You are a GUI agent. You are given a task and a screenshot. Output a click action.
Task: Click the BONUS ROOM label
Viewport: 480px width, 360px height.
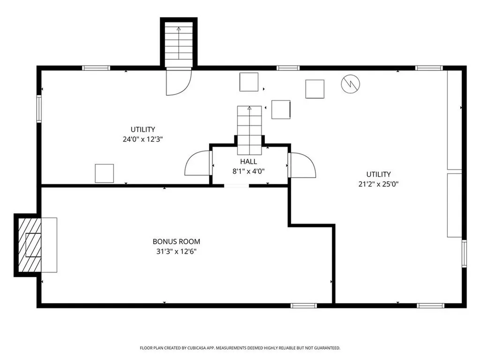point(176,241)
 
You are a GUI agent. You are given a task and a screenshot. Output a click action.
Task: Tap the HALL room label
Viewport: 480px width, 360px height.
point(248,162)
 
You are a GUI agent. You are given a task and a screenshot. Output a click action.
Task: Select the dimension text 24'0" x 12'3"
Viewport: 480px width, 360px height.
point(142,139)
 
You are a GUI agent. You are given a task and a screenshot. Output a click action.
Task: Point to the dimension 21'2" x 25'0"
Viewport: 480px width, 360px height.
point(378,184)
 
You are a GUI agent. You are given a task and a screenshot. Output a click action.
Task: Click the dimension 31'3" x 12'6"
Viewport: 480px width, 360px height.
point(176,252)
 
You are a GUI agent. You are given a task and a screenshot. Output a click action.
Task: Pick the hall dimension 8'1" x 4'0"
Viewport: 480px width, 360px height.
point(248,171)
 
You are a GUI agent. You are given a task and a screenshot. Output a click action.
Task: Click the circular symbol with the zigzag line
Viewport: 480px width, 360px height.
point(351,83)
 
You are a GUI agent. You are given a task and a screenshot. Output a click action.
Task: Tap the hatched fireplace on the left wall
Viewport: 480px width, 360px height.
point(30,245)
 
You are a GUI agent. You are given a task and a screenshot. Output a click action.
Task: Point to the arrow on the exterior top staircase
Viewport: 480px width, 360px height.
point(179,43)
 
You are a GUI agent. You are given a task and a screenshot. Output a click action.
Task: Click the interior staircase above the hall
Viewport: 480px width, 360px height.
point(249,130)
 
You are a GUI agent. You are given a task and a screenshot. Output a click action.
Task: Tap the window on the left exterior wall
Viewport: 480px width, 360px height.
point(39,109)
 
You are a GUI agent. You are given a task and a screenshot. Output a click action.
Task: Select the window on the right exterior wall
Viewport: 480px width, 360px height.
point(464,254)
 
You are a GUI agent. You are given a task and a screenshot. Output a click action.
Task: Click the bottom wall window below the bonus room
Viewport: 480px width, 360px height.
point(303,306)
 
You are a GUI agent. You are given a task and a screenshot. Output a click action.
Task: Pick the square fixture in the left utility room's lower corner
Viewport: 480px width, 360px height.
point(105,173)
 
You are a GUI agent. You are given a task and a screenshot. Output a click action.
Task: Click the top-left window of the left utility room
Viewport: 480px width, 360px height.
point(96,68)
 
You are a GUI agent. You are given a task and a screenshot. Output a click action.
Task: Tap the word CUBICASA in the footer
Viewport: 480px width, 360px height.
point(198,348)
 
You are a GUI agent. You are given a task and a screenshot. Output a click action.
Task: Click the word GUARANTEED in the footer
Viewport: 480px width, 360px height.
point(327,348)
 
